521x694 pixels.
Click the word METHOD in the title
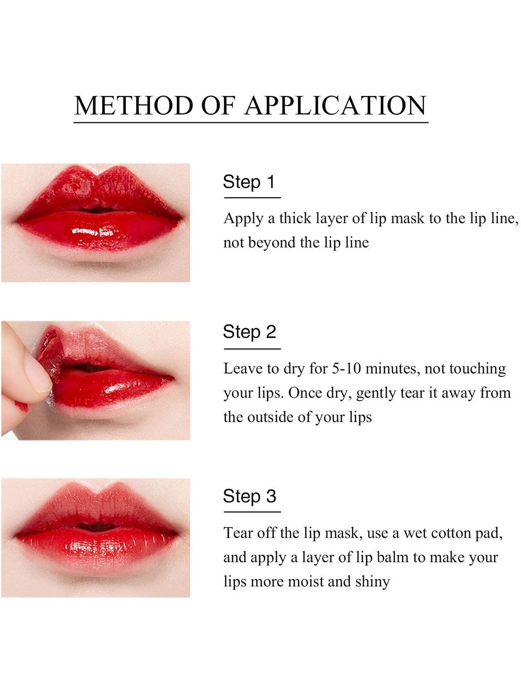point(134,105)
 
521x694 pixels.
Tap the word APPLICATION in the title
point(335,105)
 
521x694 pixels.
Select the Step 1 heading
point(248,183)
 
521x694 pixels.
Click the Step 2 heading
point(249,332)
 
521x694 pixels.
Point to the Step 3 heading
point(249,496)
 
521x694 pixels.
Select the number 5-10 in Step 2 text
point(346,369)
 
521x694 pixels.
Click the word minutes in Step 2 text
point(393,369)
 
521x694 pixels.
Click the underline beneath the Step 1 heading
point(252,198)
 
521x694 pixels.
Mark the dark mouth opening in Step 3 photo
point(96,526)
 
